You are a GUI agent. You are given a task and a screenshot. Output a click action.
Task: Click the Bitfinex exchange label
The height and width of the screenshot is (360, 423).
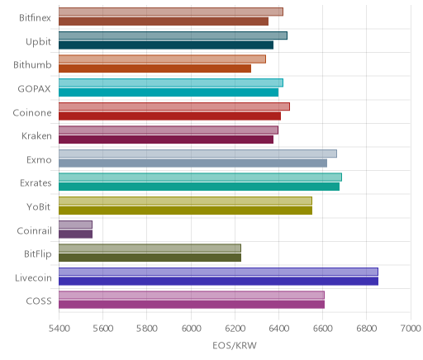[35, 18]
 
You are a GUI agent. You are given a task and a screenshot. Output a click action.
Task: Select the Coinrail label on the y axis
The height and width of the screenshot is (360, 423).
[34, 230]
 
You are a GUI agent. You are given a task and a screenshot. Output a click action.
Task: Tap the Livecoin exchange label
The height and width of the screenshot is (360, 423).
[33, 278]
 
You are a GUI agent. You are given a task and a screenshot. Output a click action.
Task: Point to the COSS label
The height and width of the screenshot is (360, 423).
[39, 301]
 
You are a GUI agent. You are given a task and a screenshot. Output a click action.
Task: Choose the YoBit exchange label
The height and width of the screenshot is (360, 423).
[39, 206]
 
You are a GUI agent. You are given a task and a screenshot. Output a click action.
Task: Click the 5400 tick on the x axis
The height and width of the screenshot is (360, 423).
[59, 329]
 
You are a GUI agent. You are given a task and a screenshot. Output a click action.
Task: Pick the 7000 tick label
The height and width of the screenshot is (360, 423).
[411, 329]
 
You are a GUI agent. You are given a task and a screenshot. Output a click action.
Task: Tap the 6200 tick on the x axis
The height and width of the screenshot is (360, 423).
[235, 329]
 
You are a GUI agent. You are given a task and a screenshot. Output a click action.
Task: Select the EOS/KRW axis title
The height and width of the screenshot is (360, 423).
[235, 345]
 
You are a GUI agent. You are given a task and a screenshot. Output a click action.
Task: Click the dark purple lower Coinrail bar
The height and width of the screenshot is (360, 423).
[75, 234]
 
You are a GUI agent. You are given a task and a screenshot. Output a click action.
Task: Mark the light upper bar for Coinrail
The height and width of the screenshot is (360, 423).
[75, 225]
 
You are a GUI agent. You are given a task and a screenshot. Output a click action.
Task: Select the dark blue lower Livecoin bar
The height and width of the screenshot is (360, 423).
[218, 282]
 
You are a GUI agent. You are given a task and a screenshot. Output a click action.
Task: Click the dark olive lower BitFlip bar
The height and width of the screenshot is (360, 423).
[150, 258]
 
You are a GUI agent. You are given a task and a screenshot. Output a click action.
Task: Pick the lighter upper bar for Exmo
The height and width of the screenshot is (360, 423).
[197, 154]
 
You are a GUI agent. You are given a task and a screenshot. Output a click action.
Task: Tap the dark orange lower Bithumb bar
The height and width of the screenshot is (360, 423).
[154, 69]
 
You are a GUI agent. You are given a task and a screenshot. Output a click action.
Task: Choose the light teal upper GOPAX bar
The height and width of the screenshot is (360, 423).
[171, 83]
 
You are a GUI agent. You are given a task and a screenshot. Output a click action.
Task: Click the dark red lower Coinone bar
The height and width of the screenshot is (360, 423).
[169, 116]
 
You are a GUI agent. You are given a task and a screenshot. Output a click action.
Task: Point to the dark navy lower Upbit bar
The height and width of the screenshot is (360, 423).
[166, 45]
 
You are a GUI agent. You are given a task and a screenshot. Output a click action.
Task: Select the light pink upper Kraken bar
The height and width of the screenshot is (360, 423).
[169, 130]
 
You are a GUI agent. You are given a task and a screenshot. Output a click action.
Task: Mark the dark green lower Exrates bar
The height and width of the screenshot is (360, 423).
[199, 187]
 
